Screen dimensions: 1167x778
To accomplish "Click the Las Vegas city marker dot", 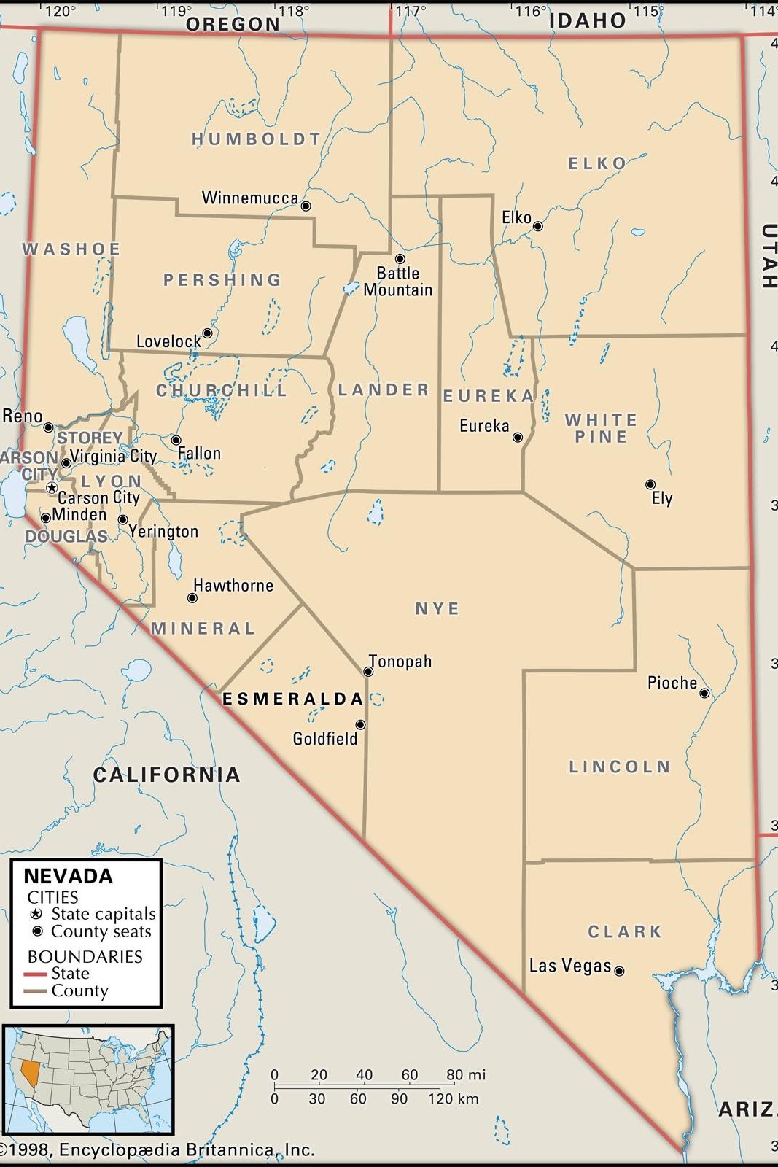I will coord(619,971).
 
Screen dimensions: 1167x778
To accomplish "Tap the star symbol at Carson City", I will coord(52,486).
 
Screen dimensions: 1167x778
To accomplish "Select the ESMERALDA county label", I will coord(292,699).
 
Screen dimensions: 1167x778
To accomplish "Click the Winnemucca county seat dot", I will coord(306,206).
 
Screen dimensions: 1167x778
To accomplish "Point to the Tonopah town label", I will coord(400,662).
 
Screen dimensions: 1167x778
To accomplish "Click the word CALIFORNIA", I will coord(166,775).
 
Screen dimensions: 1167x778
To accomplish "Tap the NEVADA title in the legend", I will coord(68,876).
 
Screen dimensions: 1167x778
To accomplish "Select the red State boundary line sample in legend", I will coord(35,974).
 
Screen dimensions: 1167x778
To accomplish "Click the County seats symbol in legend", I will coord(37,931).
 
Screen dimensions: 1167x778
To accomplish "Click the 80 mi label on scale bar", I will coord(465,1074).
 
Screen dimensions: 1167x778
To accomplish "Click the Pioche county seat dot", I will coord(704,693).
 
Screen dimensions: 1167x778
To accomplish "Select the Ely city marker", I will coord(650,484).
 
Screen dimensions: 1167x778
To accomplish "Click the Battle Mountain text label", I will coord(398,282).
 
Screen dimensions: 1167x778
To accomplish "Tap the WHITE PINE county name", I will coord(601,428).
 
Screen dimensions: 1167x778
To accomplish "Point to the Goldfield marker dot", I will coord(360,724).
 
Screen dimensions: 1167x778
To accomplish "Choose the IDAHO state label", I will coord(587,20).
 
